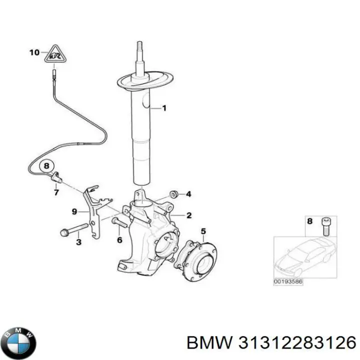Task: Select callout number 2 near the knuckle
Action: pyautogui.click(x=189, y=215)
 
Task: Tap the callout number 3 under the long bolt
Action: pyautogui.click(x=78, y=242)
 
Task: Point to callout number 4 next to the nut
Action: pyautogui.click(x=188, y=194)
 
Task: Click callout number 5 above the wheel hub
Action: pyautogui.click(x=203, y=230)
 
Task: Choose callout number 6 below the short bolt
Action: pyautogui.click(x=119, y=240)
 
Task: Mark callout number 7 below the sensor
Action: pyautogui.click(x=56, y=191)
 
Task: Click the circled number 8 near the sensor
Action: pyautogui.click(x=46, y=165)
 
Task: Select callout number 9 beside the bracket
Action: pyautogui.click(x=74, y=212)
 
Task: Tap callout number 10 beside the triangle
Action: pyautogui.click(x=34, y=52)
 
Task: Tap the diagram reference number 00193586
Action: pyautogui.click(x=288, y=281)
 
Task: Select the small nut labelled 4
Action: pyautogui.click(x=174, y=193)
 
